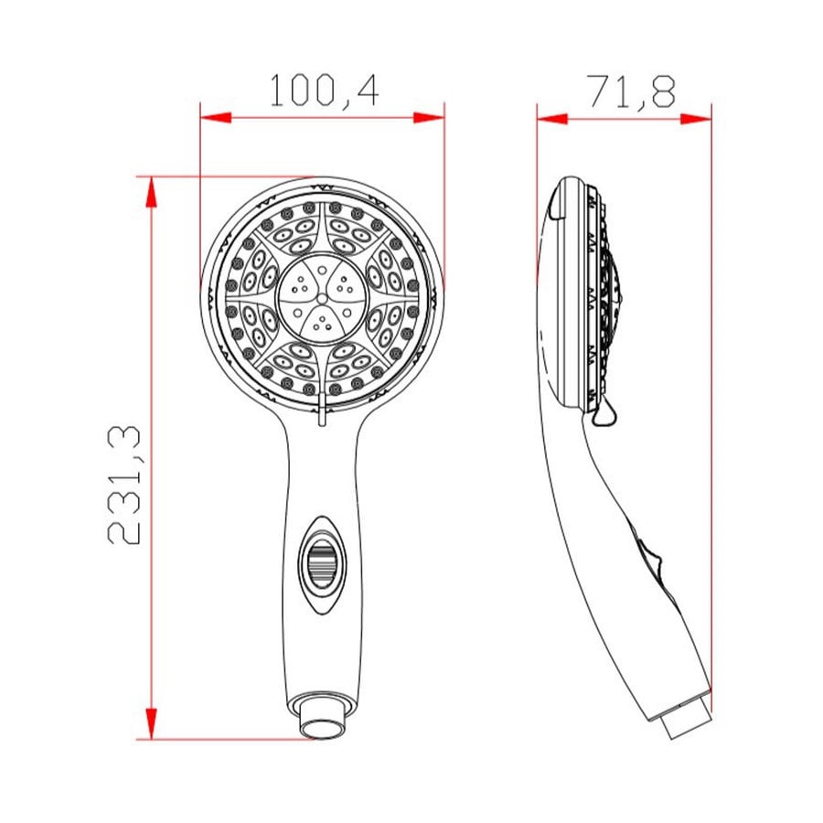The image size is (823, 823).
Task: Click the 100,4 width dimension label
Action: point(323,91)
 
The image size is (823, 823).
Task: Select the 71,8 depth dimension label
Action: point(632,91)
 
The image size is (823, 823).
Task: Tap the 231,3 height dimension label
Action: point(124,486)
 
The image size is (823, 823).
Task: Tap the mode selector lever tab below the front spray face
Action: point(321,416)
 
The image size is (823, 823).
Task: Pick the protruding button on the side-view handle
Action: point(651,560)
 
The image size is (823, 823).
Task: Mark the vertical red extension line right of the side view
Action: point(711,411)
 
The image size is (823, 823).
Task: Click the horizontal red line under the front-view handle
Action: point(229,739)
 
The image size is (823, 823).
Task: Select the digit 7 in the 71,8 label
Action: point(597,91)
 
